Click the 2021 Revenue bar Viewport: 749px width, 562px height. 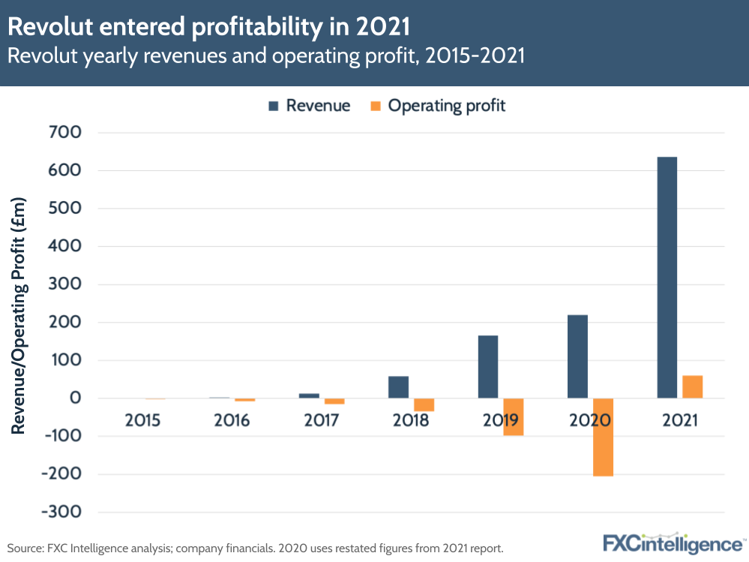pos(667,278)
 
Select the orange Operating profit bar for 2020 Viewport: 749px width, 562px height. pos(603,437)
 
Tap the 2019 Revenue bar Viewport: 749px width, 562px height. pos(487,367)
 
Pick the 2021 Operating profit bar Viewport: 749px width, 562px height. pos(692,387)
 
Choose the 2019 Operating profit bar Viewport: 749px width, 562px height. pos(513,416)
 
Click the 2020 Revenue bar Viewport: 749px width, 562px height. pos(577,356)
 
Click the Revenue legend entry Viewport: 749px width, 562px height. pos(309,106)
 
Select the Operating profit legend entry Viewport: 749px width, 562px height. pos(438,106)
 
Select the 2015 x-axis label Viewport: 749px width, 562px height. pos(142,420)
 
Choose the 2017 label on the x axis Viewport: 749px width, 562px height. pos(322,420)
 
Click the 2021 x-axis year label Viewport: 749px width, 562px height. pos(679,420)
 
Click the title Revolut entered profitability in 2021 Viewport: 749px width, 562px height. pos(209,26)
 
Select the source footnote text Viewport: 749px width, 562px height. pos(255,548)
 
